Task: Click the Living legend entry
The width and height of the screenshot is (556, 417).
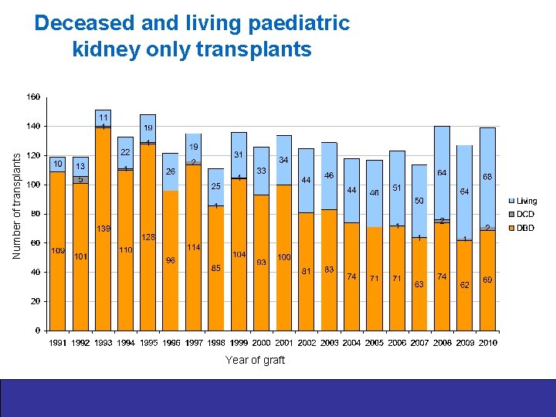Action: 527,201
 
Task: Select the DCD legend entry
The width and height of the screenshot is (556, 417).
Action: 525,214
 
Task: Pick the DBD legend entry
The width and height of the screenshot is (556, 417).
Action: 525,228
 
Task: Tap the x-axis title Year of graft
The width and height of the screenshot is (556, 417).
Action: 255,360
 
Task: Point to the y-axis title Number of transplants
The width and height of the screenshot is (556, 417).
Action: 17,204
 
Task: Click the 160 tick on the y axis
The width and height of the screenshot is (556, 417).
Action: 33,97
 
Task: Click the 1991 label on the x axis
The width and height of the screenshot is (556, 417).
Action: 58,342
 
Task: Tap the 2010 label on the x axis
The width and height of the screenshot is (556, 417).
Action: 487,342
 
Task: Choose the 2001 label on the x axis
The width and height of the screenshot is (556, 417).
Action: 284,342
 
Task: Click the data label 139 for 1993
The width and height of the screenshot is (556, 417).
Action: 103,229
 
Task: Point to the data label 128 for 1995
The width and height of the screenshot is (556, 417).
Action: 149,236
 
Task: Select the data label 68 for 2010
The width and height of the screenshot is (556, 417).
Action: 488,177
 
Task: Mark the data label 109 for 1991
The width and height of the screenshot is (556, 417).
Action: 58,251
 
